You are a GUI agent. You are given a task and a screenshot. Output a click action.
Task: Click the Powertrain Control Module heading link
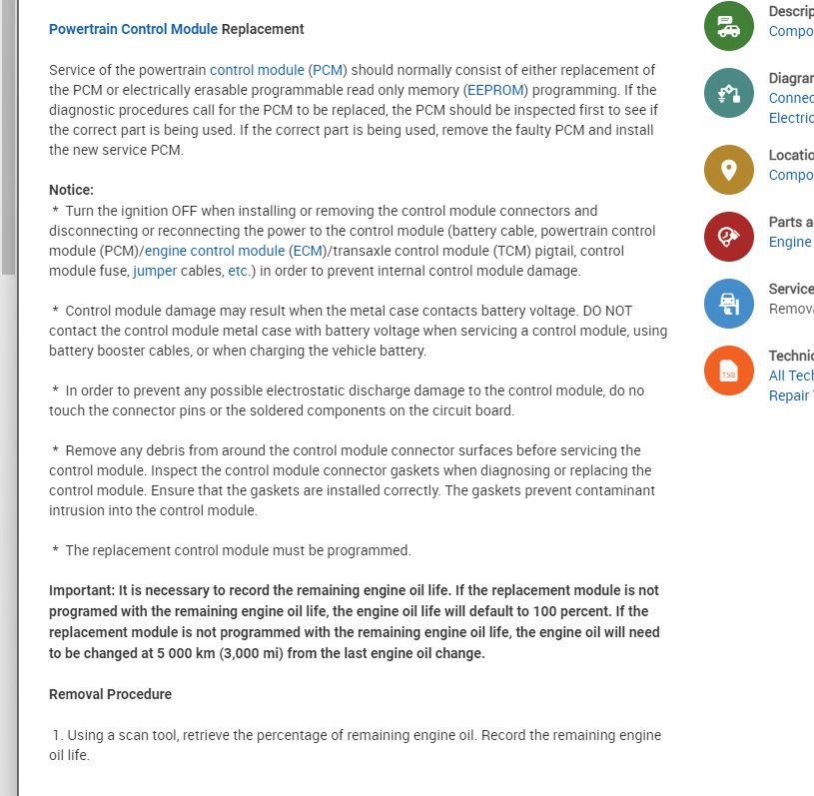(x=133, y=29)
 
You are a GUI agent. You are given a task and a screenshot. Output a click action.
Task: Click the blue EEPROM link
(x=496, y=90)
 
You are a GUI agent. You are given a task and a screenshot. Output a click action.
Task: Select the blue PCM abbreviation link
(x=327, y=70)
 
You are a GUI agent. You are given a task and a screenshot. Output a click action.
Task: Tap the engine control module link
(x=215, y=251)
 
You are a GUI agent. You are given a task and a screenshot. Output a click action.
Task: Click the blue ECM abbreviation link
(x=307, y=251)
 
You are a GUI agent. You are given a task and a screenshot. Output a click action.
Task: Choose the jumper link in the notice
(x=154, y=271)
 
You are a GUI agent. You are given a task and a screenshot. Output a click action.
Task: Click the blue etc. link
(x=238, y=271)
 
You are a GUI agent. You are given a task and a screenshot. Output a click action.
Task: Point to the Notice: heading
(x=71, y=190)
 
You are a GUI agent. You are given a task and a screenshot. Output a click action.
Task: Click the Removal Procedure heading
(x=110, y=694)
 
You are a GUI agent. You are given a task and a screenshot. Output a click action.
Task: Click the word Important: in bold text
(x=82, y=590)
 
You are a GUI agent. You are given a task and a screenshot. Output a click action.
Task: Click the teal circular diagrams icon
(x=729, y=94)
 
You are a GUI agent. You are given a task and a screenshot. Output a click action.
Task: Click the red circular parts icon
(x=729, y=237)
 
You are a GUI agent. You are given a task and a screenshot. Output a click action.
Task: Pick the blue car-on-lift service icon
(x=729, y=304)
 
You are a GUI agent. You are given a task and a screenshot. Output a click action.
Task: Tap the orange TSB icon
(x=729, y=371)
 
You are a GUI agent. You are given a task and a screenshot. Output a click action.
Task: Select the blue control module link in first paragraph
(x=257, y=70)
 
